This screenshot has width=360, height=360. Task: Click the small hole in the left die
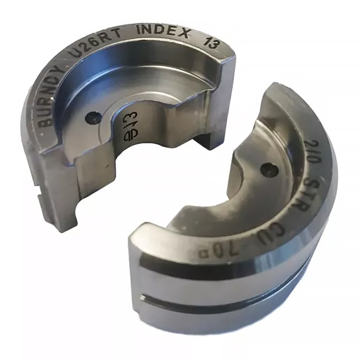click(x=93, y=117)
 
